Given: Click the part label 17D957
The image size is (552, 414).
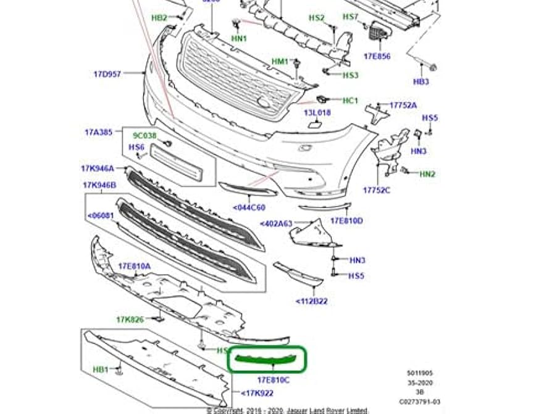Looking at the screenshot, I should coord(108,75).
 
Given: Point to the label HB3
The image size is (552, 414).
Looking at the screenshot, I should coord(421,81).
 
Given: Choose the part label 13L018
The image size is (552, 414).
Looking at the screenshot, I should coord(317,113).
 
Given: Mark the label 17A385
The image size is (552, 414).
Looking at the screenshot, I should coord(99,132).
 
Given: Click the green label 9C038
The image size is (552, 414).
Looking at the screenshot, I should coord(144,135).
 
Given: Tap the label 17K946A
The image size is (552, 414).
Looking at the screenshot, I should coord(98,168).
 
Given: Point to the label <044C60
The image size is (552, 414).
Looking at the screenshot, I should coord(249,207).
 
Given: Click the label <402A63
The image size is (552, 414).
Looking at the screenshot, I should coord(276,223).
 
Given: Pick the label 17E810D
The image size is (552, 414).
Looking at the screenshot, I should coord(346,220).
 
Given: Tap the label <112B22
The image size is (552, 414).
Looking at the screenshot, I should coord(311,301).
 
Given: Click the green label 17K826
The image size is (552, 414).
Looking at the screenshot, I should coord(130,320).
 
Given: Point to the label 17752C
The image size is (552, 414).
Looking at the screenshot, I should coord(377,190).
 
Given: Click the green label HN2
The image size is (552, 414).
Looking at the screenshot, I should coord(427,175).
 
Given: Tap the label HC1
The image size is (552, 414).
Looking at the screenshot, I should coord(350,100).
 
